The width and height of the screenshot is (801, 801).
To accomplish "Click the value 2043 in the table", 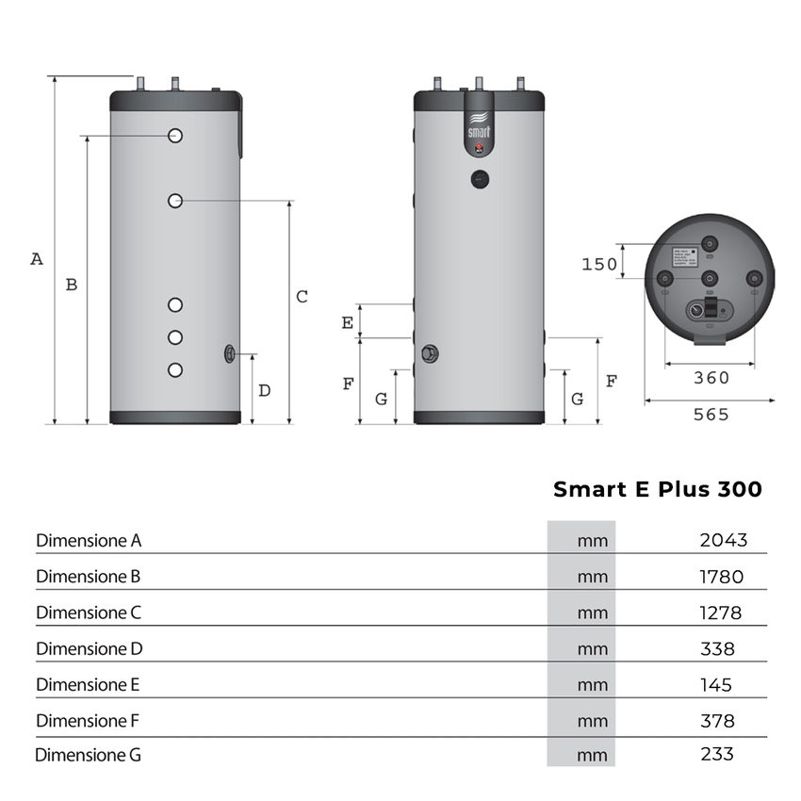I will (x=723, y=540).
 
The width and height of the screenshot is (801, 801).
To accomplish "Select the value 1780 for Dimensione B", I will (x=721, y=577).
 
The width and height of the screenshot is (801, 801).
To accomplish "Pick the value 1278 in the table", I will (x=720, y=613).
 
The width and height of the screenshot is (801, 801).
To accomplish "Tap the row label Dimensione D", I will (x=89, y=648).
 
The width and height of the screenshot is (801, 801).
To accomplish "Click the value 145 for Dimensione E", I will (x=716, y=685).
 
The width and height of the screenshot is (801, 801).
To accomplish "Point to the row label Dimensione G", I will (x=89, y=755).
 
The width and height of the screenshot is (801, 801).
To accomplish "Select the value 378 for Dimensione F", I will (x=717, y=721).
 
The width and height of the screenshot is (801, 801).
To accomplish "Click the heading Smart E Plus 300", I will (x=657, y=489).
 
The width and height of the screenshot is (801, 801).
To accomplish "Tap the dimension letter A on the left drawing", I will (x=37, y=258).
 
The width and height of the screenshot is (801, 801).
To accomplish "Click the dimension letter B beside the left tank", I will (x=71, y=285).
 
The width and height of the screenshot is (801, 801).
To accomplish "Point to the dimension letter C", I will (x=302, y=297).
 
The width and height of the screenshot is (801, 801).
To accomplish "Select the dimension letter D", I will (x=265, y=390).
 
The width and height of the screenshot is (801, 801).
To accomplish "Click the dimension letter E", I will (x=348, y=322).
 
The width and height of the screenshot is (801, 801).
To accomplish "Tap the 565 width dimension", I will (x=711, y=415).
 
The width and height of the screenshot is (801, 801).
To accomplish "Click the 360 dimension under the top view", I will (x=711, y=378).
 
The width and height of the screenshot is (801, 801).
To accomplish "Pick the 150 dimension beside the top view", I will (x=598, y=265).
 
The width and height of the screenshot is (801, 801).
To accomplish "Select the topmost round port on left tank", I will (x=175, y=136).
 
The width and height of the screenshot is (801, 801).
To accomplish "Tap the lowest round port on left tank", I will (x=175, y=369).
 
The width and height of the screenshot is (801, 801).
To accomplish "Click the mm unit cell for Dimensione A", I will (x=592, y=541).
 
